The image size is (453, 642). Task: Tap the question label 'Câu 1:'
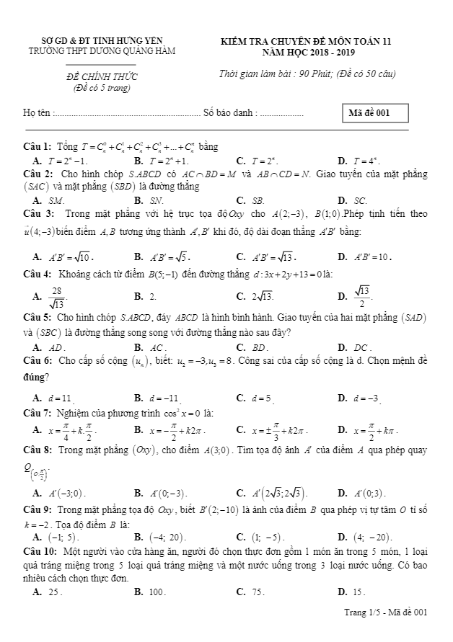[x=37, y=147]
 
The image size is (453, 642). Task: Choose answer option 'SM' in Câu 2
[x=56, y=200]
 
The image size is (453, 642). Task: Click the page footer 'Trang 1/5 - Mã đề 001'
[x=386, y=612]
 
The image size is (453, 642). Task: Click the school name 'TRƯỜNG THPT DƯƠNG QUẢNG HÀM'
[x=101, y=51]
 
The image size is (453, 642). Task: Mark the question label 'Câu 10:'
[x=40, y=550]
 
